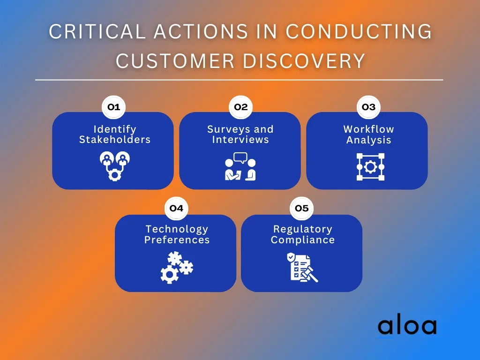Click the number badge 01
coord(113,107)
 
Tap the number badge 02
coord(240,107)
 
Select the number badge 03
coord(368,107)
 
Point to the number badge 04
coord(176,209)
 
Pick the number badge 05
coord(301,209)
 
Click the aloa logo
coord(407,326)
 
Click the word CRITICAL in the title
coord(97,31)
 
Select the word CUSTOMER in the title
coord(175,60)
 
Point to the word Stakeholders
coord(115,140)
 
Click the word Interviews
coord(240,140)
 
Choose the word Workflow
coord(368,129)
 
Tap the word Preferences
coord(177,240)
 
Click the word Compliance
coord(303,240)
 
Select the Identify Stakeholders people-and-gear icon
coord(115,166)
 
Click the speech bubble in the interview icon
coord(240,157)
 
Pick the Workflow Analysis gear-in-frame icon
coord(370,167)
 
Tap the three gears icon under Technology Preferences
coord(177,268)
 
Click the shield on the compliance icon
coord(291,257)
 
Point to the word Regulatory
coord(303,229)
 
